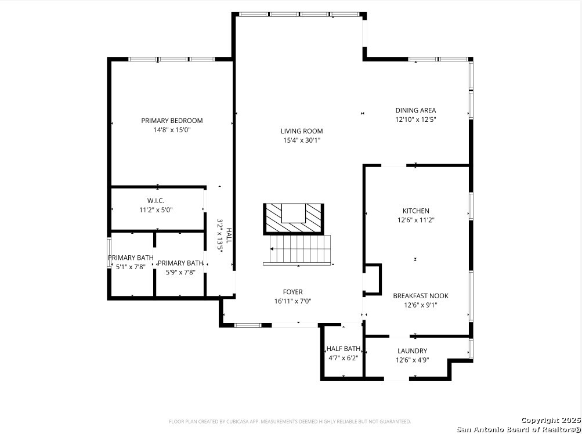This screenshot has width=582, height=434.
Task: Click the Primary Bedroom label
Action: tap(172, 121)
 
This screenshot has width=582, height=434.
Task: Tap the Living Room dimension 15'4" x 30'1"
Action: tap(302, 140)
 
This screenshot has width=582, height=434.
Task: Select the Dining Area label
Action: tap(415, 110)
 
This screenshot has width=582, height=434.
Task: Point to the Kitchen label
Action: tap(415, 211)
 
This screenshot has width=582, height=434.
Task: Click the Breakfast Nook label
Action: tap(421, 296)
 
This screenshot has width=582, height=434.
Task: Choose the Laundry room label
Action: tap(413, 351)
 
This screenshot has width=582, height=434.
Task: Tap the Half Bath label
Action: tap(344, 349)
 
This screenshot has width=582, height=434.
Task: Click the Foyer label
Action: tap(292, 292)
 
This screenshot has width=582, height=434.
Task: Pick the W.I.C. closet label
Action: tap(156, 201)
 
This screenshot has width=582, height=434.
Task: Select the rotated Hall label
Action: tap(229, 236)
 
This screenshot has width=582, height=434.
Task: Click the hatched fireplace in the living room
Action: tap(294, 219)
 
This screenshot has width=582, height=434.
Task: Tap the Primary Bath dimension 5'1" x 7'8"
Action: tap(131, 266)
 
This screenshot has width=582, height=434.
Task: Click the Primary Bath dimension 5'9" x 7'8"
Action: tap(181, 272)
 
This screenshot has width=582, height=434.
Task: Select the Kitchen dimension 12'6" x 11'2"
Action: tap(415, 220)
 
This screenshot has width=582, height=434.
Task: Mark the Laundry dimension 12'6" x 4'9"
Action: tap(413, 360)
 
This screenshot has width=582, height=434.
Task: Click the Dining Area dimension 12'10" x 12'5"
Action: tap(415, 120)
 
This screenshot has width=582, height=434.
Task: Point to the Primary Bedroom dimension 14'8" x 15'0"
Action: tap(172, 130)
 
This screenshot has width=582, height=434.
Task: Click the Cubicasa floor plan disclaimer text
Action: tap(290, 422)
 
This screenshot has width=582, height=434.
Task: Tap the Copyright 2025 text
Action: tap(551, 421)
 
